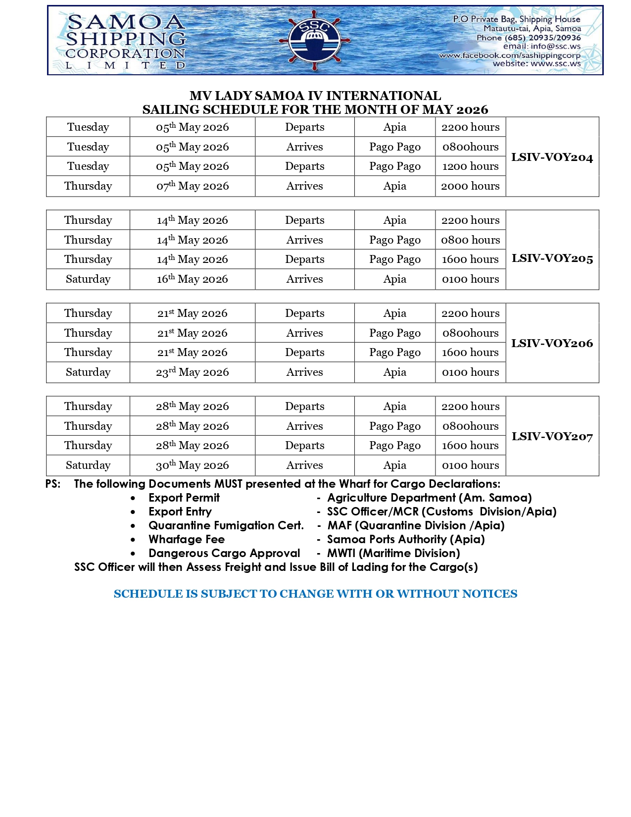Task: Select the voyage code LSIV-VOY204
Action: (x=552, y=157)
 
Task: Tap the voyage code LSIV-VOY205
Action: (x=552, y=258)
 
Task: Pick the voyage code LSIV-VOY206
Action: (x=552, y=344)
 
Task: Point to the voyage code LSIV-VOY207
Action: (x=552, y=437)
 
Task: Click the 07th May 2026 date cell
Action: (x=193, y=186)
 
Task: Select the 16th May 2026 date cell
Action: (x=193, y=279)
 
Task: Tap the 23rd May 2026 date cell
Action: (x=193, y=372)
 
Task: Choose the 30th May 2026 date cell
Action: (x=193, y=465)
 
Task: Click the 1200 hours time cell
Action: (x=470, y=166)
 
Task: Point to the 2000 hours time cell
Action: (x=470, y=186)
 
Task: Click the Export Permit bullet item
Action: (x=184, y=498)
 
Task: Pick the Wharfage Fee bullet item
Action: (x=187, y=539)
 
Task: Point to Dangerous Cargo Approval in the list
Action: (x=224, y=553)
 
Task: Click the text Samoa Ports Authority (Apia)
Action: (x=406, y=539)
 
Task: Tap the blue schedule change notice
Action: (x=315, y=594)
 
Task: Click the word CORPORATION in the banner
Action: (x=125, y=53)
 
